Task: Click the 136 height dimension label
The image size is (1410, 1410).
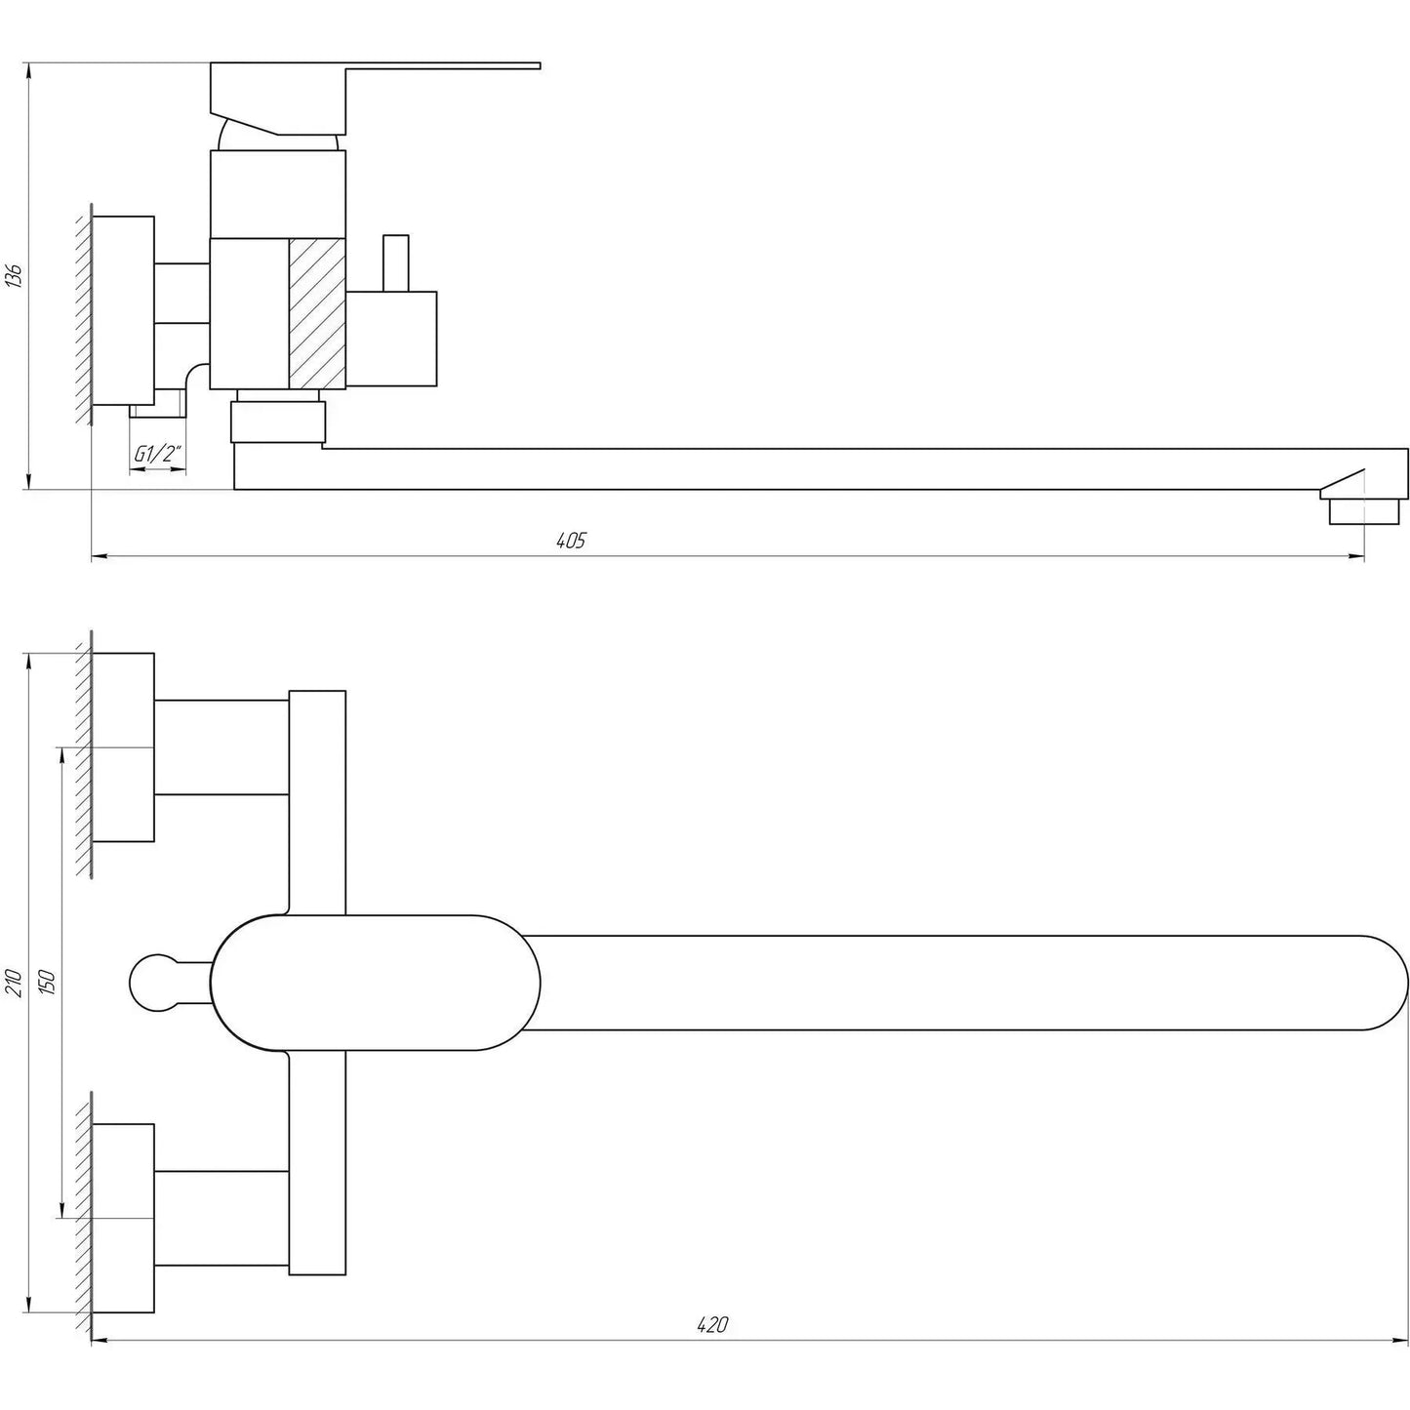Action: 13,276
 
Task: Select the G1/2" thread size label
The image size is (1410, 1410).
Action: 158,454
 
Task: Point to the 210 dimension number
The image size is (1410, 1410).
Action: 13,981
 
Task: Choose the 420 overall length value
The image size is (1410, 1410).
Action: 713,1325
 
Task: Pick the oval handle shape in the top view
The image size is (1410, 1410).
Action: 376,982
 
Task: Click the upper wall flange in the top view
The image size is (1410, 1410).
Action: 124,747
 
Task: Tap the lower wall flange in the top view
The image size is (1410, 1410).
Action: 124,1218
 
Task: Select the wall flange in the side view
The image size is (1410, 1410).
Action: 124,309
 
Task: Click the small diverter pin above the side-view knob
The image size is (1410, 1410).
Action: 395,262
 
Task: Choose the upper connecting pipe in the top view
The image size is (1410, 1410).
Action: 222,746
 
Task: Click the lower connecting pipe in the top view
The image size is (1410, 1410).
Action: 222,1218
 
